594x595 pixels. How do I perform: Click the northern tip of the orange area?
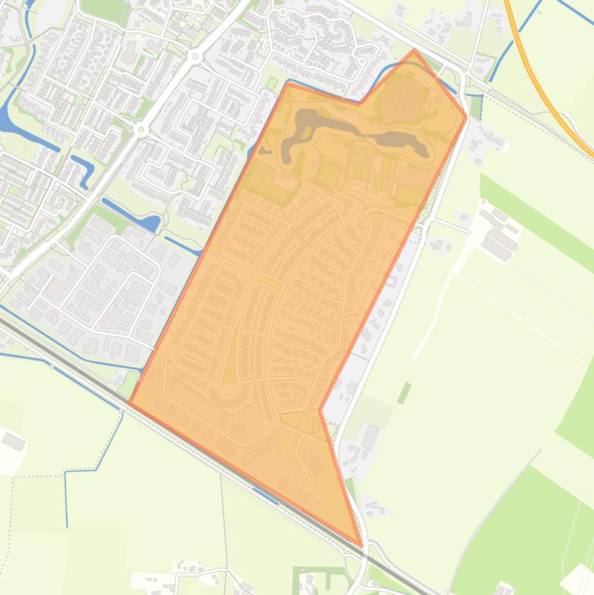[414, 52]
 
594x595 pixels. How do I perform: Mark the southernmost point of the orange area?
[360, 544]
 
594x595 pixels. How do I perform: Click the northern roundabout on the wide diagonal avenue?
[195, 56]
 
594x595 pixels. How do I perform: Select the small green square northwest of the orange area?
[271, 83]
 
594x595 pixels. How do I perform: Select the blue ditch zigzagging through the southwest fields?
[93, 468]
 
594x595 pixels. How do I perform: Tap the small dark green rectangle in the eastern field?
[404, 393]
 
